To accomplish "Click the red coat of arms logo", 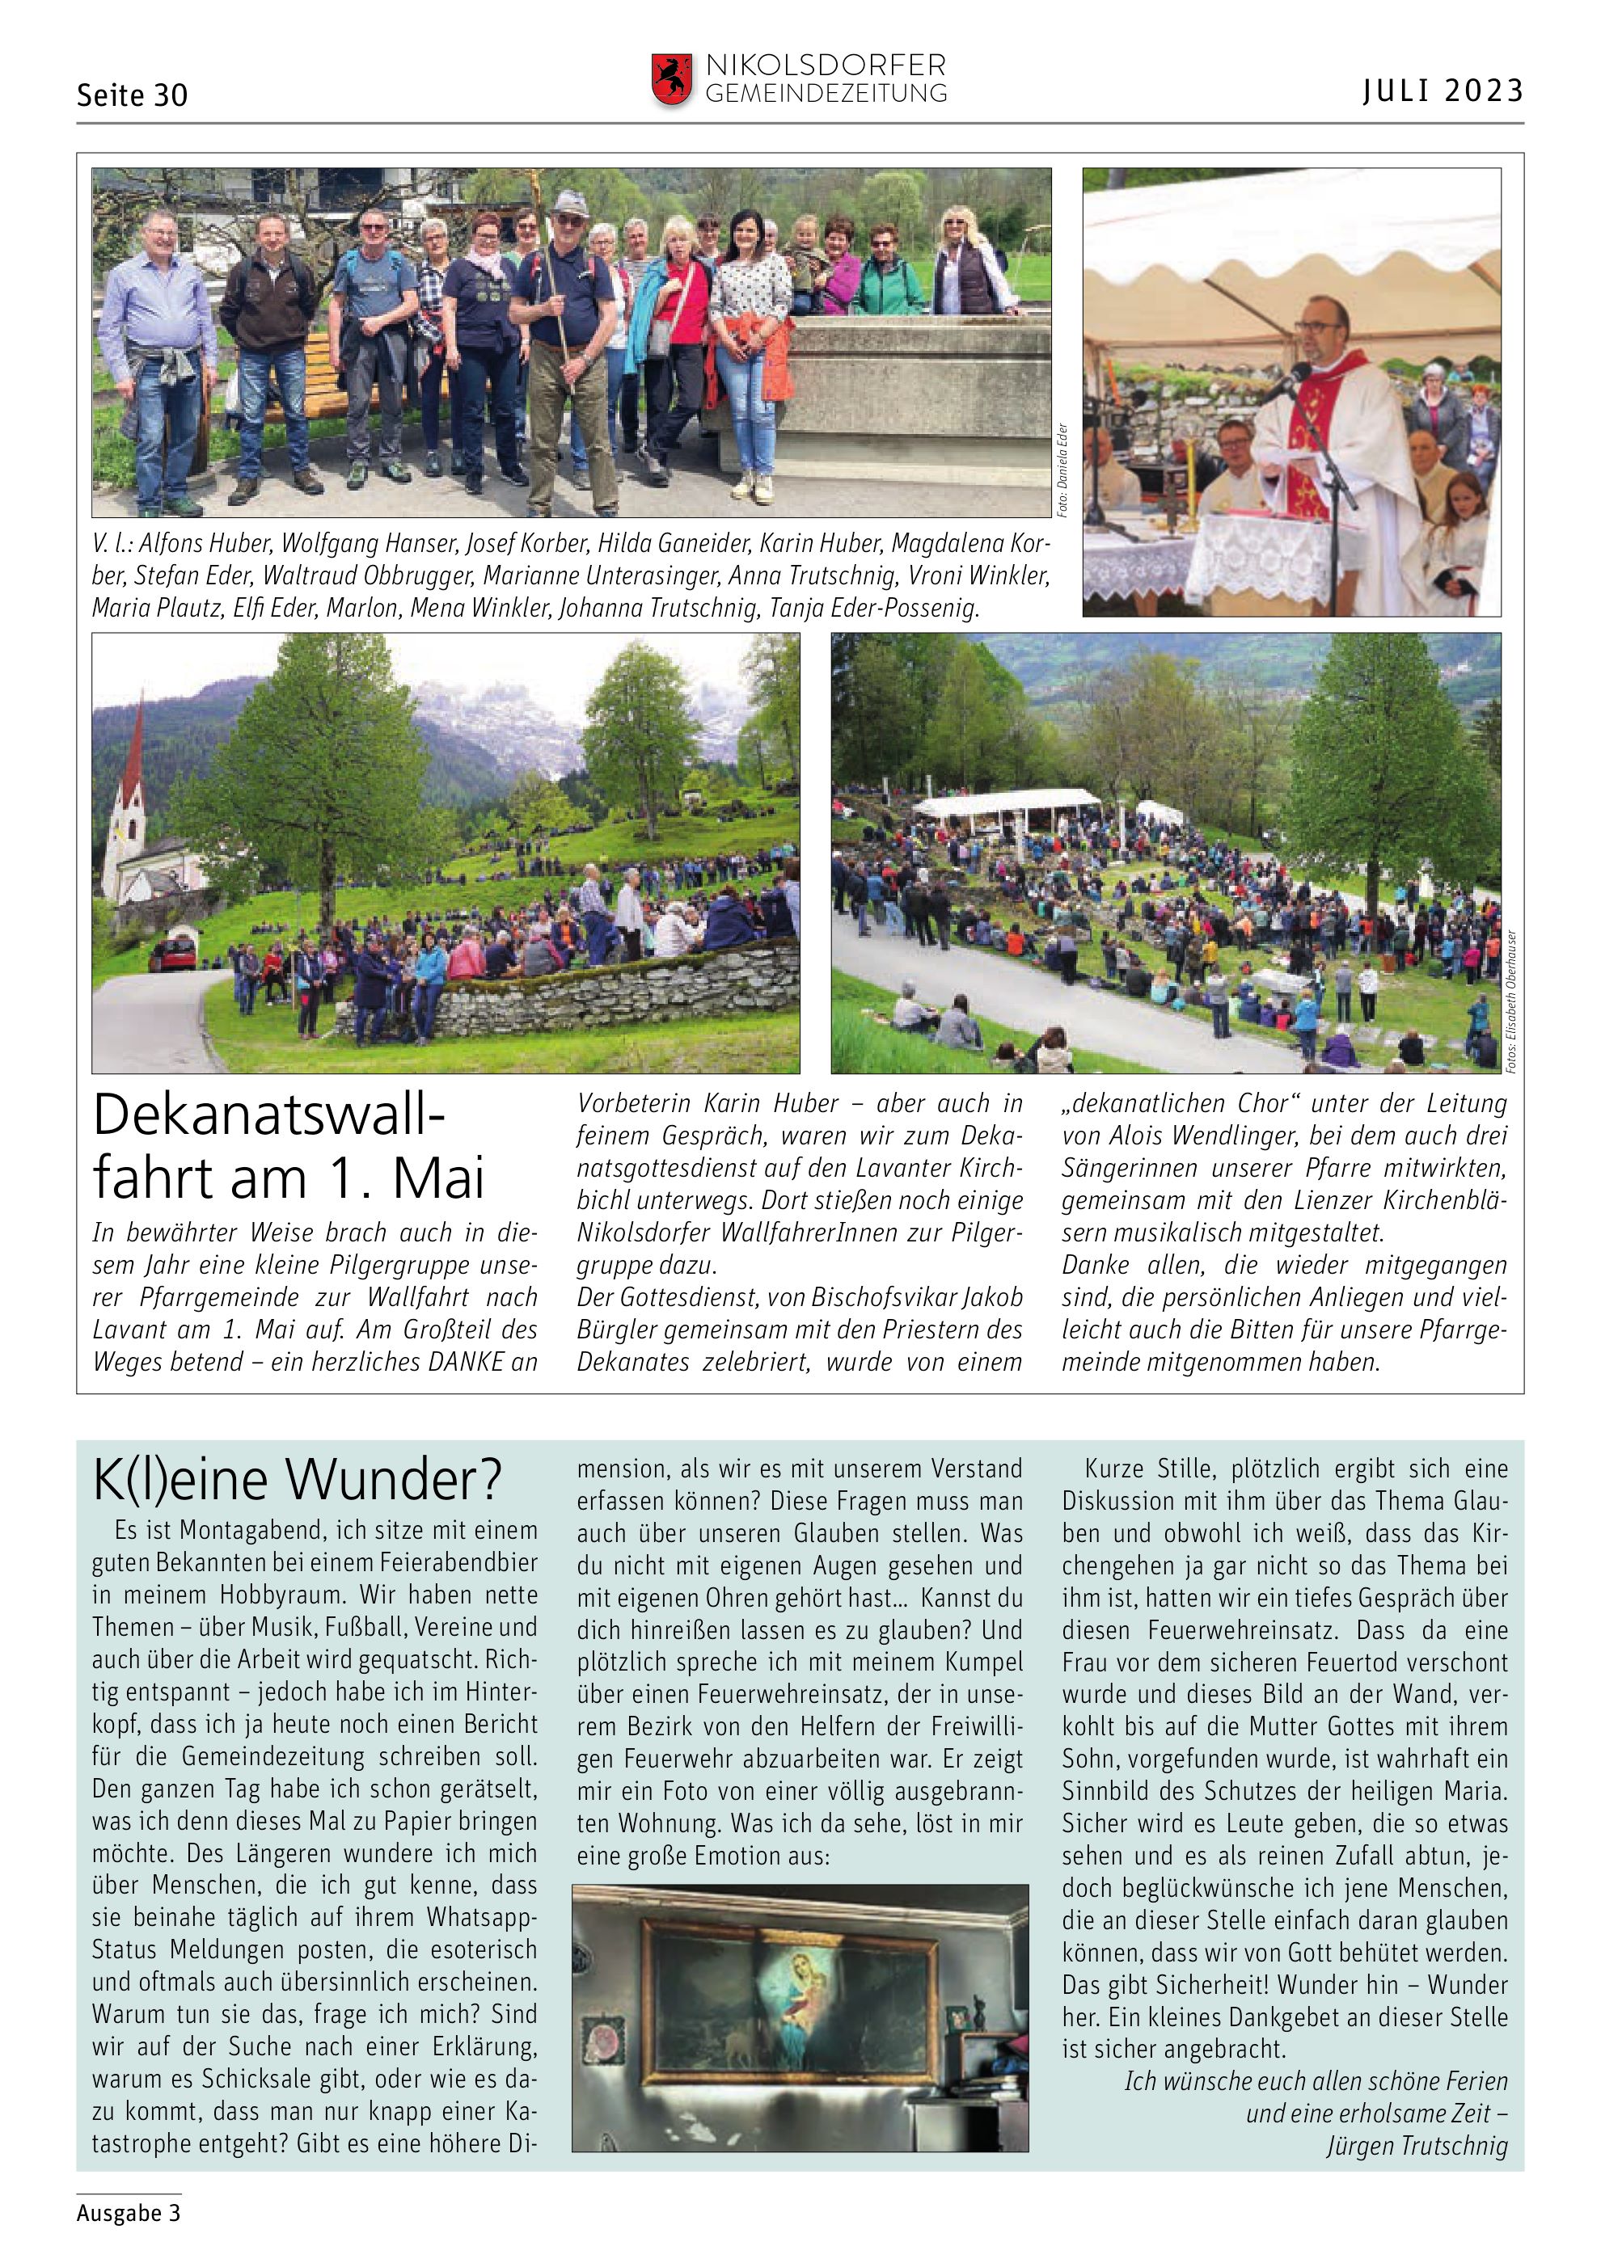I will [670, 79].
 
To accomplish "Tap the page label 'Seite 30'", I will [132, 95].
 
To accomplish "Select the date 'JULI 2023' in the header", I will [1443, 91].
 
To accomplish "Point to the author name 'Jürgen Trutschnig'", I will [1417, 2146].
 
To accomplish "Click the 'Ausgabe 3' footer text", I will [129, 2213].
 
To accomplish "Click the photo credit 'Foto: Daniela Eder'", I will [1062, 471].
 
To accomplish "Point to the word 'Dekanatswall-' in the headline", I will [269, 1115].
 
